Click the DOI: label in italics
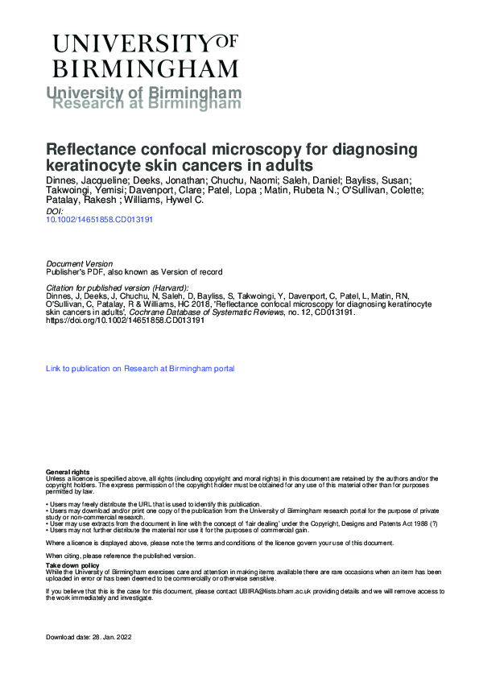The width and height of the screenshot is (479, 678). [x=57, y=210]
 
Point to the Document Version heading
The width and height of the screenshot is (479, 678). [x=80, y=264]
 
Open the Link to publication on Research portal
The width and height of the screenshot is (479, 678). [x=141, y=369]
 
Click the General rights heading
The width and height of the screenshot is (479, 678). [x=68, y=471]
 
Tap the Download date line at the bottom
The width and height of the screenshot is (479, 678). [x=89, y=638]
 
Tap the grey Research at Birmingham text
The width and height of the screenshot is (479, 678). [x=146, y=103]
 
